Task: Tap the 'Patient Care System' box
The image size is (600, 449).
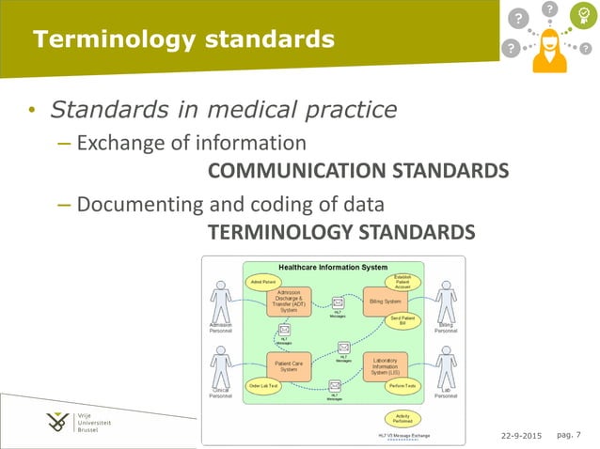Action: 289,365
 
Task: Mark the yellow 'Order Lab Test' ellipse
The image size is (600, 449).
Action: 264,386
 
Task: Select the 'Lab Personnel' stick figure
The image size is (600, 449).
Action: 446,366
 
